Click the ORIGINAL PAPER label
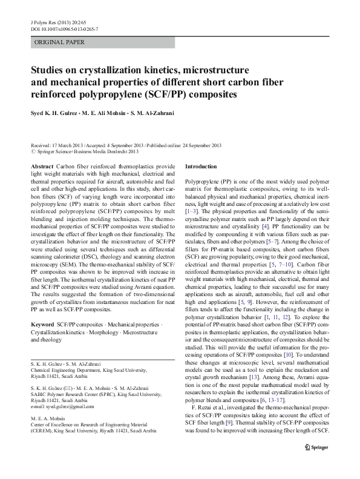click(x=59, y=42)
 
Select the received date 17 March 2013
click(x=66, y=146)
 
